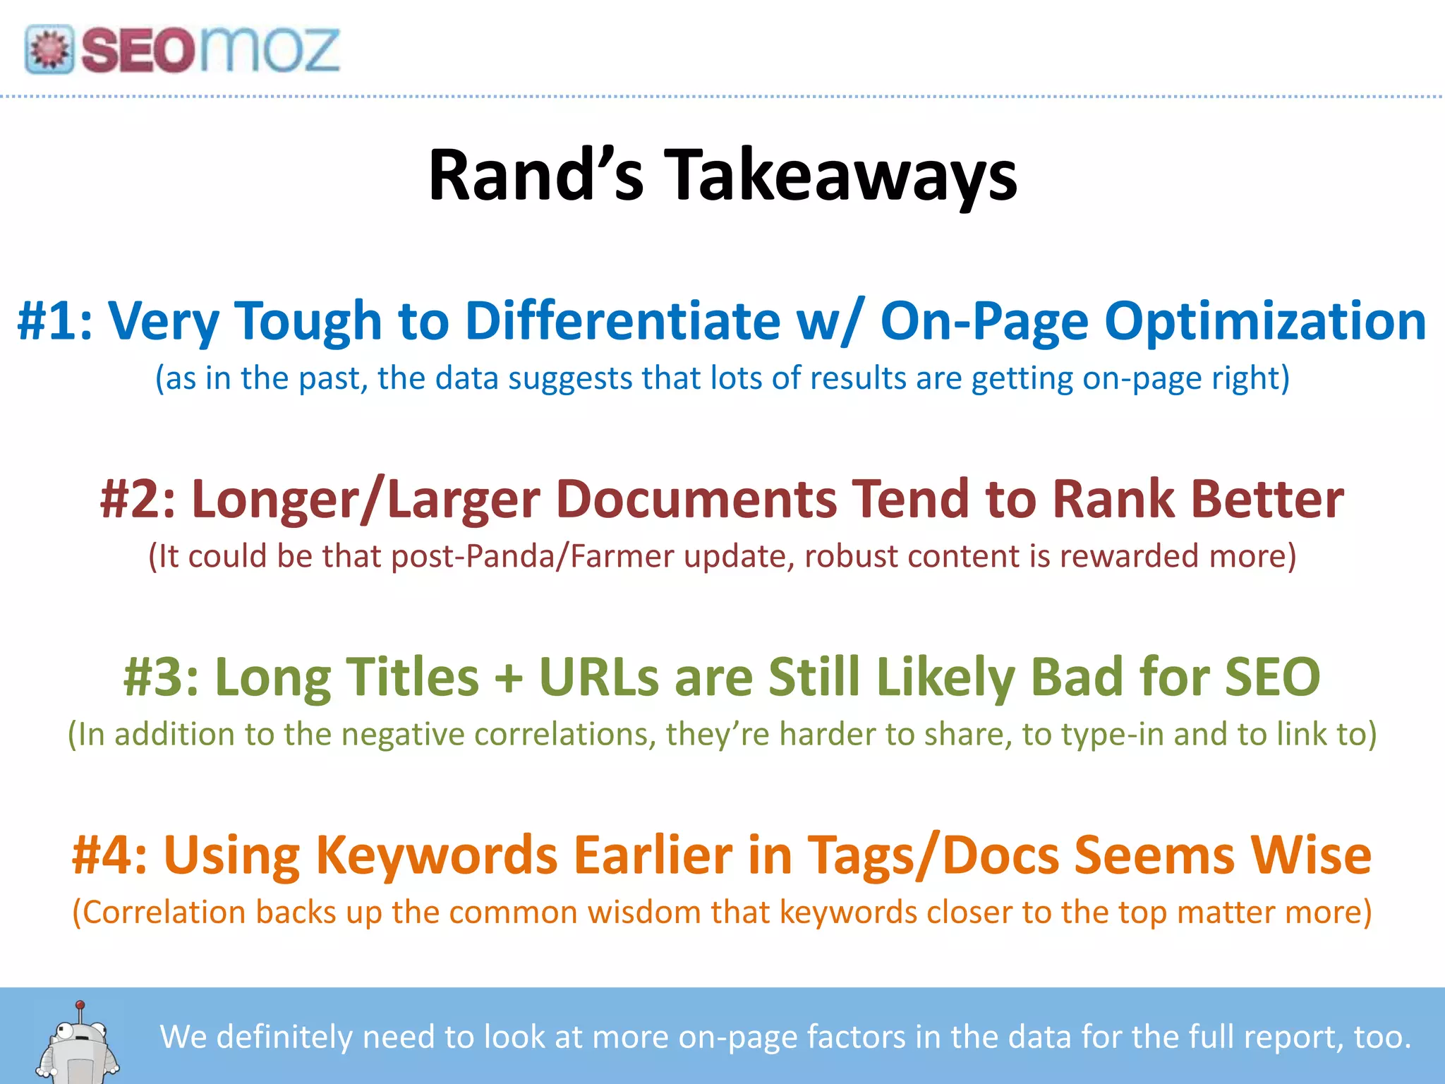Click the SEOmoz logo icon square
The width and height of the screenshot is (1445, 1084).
[49, 49]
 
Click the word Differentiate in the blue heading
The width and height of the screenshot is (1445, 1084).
[622, 321]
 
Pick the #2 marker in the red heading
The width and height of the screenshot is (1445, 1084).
[138, 499]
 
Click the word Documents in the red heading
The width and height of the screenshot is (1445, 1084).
[696, 499]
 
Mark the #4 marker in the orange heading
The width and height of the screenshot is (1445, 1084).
[110, 855]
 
